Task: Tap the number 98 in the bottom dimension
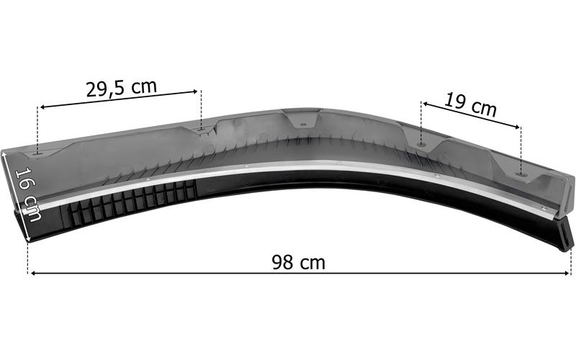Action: [x=282, y=262]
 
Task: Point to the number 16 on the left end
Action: [x=24, y=179]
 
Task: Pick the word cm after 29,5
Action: [x=145, y=86]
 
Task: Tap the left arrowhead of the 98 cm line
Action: [x=33, y=274]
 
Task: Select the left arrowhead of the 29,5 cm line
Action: [x=43, y=107]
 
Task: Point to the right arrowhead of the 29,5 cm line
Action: [x=195, y=91]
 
